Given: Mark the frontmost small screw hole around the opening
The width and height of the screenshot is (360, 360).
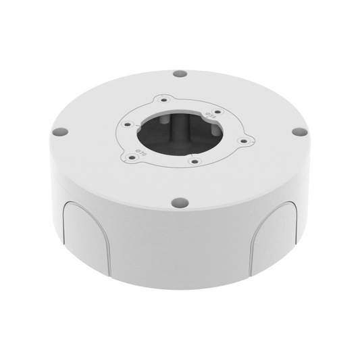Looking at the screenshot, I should click(194, 161).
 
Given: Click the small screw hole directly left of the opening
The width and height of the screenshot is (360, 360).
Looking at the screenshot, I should click(128, 124).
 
